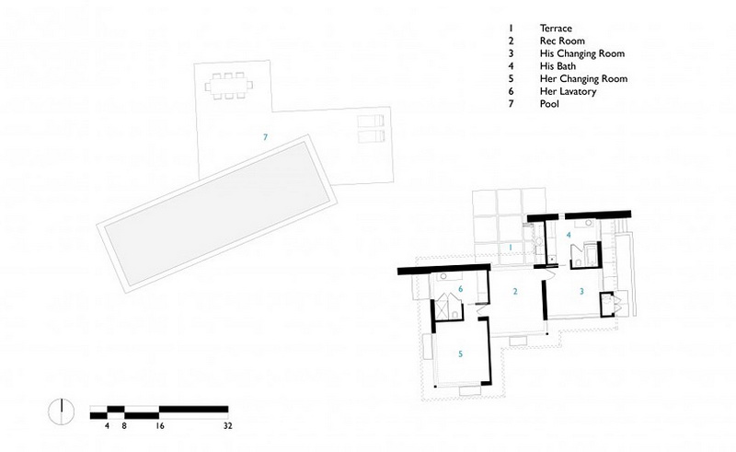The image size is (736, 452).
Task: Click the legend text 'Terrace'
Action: point(556,29)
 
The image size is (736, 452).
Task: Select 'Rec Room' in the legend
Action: point(562,41)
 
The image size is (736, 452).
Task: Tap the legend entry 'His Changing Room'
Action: point(582,53)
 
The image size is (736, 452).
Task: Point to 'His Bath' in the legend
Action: point(558,66)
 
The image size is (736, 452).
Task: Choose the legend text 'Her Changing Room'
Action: point(583,79)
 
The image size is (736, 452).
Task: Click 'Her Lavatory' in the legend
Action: point(568,92)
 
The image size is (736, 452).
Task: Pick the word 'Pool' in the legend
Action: point(549,104)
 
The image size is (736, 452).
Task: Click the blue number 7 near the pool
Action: point(266,137)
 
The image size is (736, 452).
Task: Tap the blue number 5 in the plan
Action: point(461,353)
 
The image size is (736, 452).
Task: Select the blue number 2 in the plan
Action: point(515,292)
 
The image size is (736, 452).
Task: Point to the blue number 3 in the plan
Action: point(581,292)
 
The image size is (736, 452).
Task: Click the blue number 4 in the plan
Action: point(569,235)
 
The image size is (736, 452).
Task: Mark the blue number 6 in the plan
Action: point(461,289)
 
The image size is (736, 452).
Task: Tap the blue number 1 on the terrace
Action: point(512,247)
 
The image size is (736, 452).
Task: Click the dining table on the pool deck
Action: point(228,86)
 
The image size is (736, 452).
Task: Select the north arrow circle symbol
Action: point(62,411)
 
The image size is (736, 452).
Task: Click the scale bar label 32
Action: point(227,426)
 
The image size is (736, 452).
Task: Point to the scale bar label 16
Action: point(159,426)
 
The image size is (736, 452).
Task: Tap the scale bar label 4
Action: point(107,426)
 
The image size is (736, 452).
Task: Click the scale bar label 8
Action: point(124,426)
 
